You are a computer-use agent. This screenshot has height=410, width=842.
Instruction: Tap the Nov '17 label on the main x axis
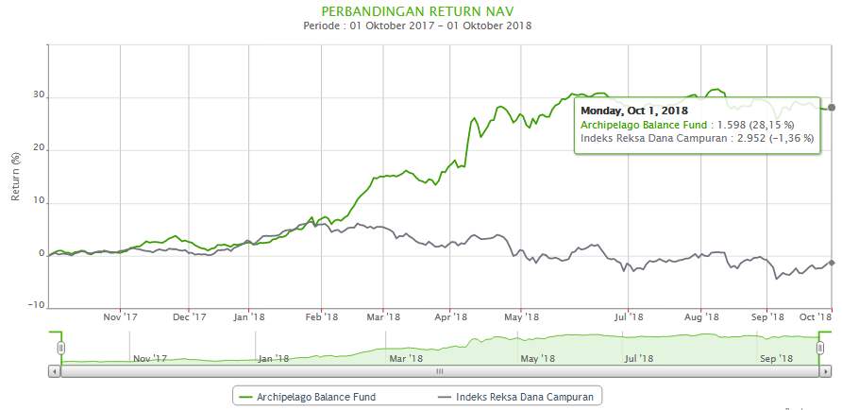pyautogui.click(x=120, y=318)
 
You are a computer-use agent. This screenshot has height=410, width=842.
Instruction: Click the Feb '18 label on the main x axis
pyautogui.click(x=321, y=318)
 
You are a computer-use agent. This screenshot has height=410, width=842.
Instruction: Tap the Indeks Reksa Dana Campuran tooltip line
pyautogui.click(x=696, y=138)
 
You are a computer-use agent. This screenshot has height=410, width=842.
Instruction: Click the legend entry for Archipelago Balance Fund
pyautogui.click(x=309, y=397)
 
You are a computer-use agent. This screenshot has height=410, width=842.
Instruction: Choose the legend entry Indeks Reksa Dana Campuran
pyautogui.click(x=518, y=397)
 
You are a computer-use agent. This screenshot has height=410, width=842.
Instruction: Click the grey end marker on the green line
pyautogui.click(x=831, y=108)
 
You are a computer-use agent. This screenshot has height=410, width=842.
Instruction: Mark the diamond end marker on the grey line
pyautogui.click(x=831, y=263)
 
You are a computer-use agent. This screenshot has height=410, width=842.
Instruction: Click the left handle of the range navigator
pyautogui.click(x=61, y=348)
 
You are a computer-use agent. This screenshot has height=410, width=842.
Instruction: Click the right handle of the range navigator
pyautogui.click(x=820, y=348)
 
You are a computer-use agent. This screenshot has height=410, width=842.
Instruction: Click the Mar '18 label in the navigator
pyautogui.click(x=405, y=358)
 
